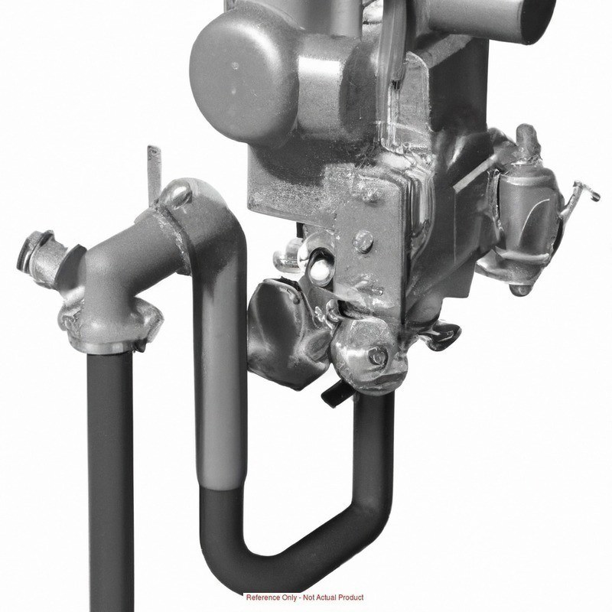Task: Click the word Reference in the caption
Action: pos(262,597)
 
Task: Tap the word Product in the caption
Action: pos(350,597)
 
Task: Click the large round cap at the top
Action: pos(241,77)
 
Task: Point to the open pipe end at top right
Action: pos(539,21)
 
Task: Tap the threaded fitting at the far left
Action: pos(37,253)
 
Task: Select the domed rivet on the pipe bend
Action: pos(177,194)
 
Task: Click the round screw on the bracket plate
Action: pos(363,241)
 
